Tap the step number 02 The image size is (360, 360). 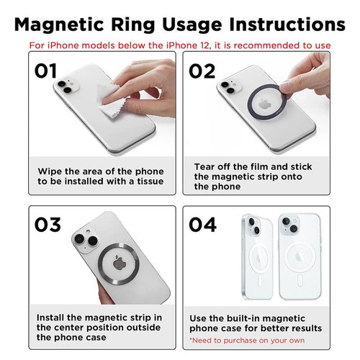click(203, 71)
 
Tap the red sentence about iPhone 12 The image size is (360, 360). click(180, 45)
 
